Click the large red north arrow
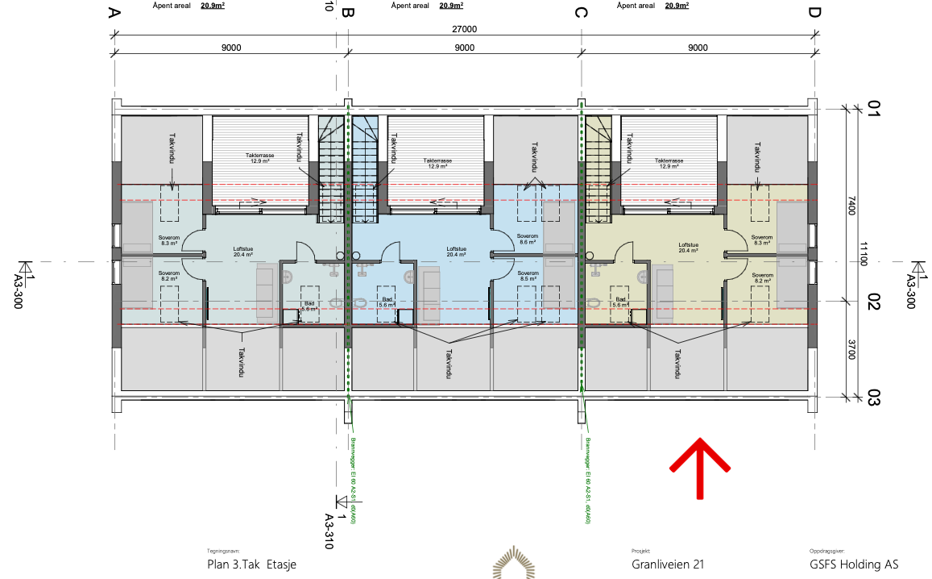[700, 468]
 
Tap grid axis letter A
[114, 13]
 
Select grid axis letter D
[814, 13]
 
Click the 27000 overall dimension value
[464, 29]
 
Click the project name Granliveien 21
[668, 564]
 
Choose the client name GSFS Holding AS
[854, 564]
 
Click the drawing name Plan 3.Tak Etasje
[251, 564]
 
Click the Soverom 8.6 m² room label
[528, 240]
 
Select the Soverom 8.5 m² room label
[528, 276]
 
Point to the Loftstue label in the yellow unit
[688, 247]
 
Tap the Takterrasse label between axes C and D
[670, 163]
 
